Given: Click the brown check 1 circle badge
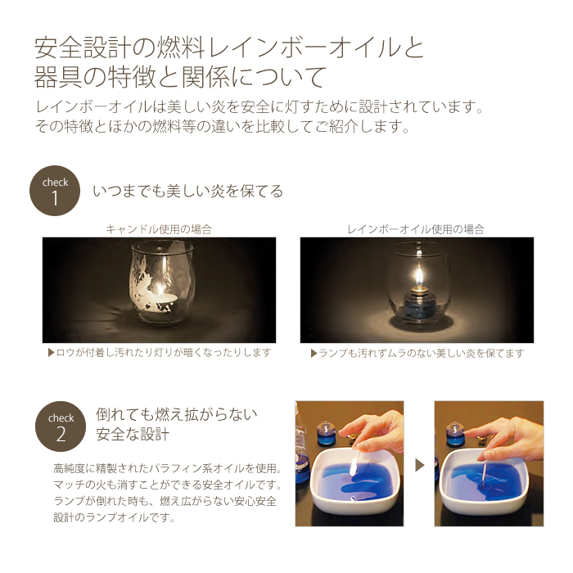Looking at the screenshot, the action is (x=55, y=191).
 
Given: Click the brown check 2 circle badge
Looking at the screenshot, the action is (x=61, y=426).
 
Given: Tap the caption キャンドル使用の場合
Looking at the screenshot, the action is (x=159, y=229).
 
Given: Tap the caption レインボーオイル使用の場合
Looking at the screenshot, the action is (x=416, y=229).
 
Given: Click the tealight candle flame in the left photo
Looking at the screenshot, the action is (x=160, y=291).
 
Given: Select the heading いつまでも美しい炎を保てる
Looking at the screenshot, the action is (x=187, y=191).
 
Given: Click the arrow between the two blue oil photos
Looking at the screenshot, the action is (x=420, y=465).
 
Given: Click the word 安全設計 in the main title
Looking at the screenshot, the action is (x=83, y=47).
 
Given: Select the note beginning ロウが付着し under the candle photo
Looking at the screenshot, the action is (x=160, y=353).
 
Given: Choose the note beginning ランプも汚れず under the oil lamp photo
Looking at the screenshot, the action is (x=417, y=353).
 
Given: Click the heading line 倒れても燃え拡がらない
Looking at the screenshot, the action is (x=177, y=414).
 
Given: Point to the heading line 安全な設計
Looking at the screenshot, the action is (x=133, y=434).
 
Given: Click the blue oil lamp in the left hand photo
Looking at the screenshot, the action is (x=324, y=434).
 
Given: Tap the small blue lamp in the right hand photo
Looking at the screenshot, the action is (x=454, y=434).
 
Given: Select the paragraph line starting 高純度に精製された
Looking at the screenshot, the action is (x=168, y=467).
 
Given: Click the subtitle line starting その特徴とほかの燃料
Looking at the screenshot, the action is (x=222, y=126).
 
